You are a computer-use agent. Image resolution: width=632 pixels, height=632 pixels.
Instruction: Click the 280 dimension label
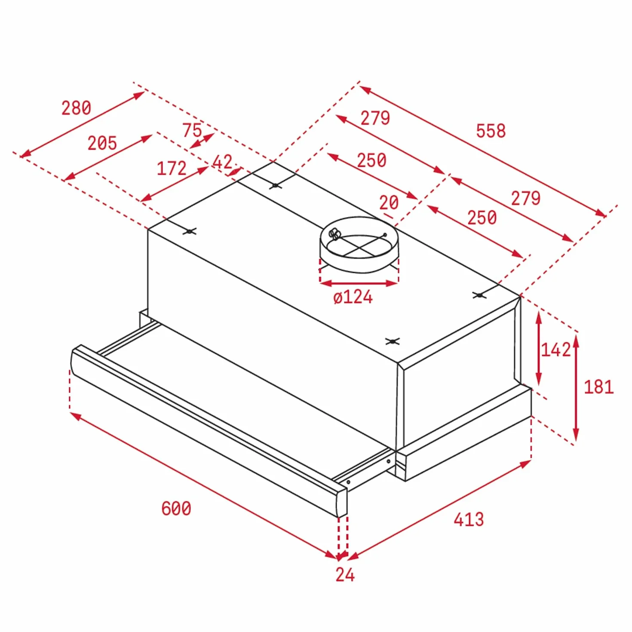tap(76, 108)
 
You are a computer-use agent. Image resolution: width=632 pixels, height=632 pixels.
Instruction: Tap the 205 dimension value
tap(102, 143)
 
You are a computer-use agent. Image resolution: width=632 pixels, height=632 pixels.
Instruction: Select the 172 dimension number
tap(172, 168)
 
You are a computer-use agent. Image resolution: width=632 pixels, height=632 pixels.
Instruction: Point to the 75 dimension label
tap(192, 130)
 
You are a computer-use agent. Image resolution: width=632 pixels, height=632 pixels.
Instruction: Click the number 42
tap(222, 162)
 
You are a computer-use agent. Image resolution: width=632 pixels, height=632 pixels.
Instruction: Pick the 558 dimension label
tap(491, 131)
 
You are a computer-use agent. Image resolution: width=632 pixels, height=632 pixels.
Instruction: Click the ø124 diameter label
tap(353, 297)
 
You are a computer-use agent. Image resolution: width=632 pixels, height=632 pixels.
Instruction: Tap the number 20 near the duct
tap(389, 202)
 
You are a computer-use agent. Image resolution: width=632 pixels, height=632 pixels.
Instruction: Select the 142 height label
tap(555, 350)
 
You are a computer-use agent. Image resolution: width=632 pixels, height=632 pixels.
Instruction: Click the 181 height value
tap(598, 387)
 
